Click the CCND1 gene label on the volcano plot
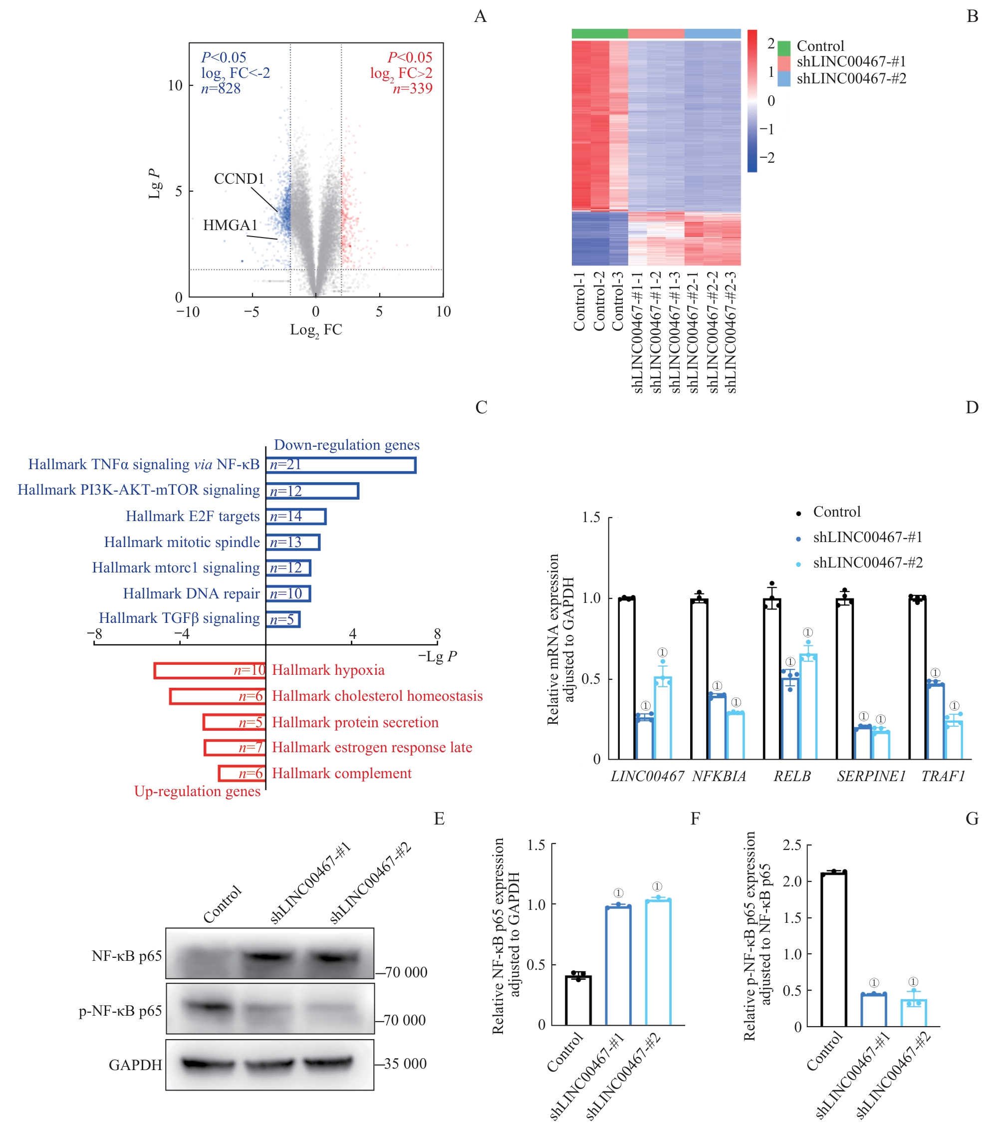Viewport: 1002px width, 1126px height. (239, 179)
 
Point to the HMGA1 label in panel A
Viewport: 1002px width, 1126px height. (230, 225)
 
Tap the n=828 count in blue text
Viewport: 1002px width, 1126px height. (221, 89)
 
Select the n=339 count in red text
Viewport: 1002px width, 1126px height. (413, 89)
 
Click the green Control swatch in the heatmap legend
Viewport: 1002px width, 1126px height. (784, 47)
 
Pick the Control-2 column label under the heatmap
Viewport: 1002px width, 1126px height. (599, 301)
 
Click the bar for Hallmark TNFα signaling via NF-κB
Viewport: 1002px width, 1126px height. (341, 466)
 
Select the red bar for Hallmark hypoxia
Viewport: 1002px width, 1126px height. (210, 670)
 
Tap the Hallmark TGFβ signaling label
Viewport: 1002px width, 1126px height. (179, 618)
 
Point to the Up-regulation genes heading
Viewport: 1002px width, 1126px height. (197, 792)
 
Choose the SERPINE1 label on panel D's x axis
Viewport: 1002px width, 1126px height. (871, 776)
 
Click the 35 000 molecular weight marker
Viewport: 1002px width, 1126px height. (405, 1064)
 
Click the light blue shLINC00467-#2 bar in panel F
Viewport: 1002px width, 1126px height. (658, 962)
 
